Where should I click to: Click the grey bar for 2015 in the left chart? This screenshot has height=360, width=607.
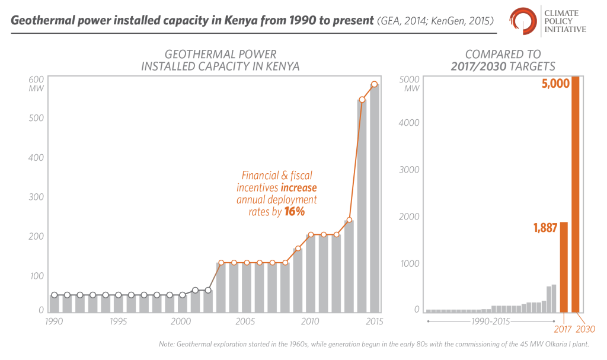(375, 199)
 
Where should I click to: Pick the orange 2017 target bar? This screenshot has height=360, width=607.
(564, 267)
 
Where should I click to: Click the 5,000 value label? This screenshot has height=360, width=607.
(554, 84)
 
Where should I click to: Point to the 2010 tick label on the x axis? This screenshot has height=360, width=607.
(310, 321)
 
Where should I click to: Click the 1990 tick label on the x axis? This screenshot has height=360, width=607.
(55, 321)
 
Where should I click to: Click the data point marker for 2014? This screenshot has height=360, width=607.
(362, 100)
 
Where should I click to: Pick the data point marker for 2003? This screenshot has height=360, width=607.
(221, 263)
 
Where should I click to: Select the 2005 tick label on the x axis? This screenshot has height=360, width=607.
(246, 321)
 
